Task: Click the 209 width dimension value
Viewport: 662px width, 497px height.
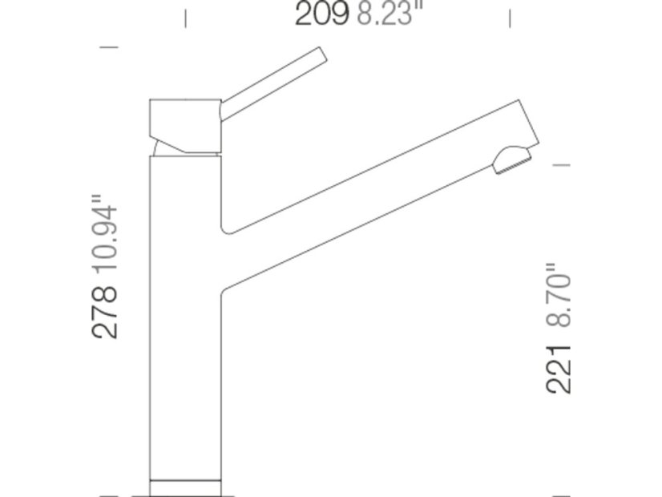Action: (321, 13)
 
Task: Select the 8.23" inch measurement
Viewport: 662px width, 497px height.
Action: (384, 13)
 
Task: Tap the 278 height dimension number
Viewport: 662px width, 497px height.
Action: (104, 313)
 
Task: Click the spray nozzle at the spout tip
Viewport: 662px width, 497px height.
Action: (511, 160)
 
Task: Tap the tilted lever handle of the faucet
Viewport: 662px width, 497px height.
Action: (273, 84)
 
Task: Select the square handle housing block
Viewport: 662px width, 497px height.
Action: (185, 126)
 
